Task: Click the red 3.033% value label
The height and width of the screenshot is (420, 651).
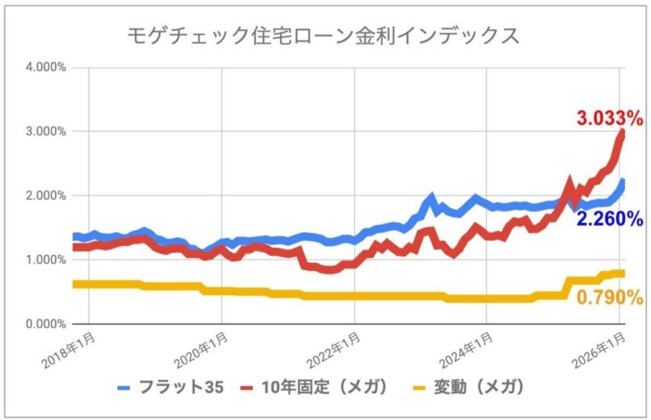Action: coord(609,117)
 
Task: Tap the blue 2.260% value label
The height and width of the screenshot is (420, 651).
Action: coord(609,218)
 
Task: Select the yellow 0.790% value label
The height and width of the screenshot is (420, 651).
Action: coord(609,297)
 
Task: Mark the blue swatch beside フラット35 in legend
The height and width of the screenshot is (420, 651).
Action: coord(125,388)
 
